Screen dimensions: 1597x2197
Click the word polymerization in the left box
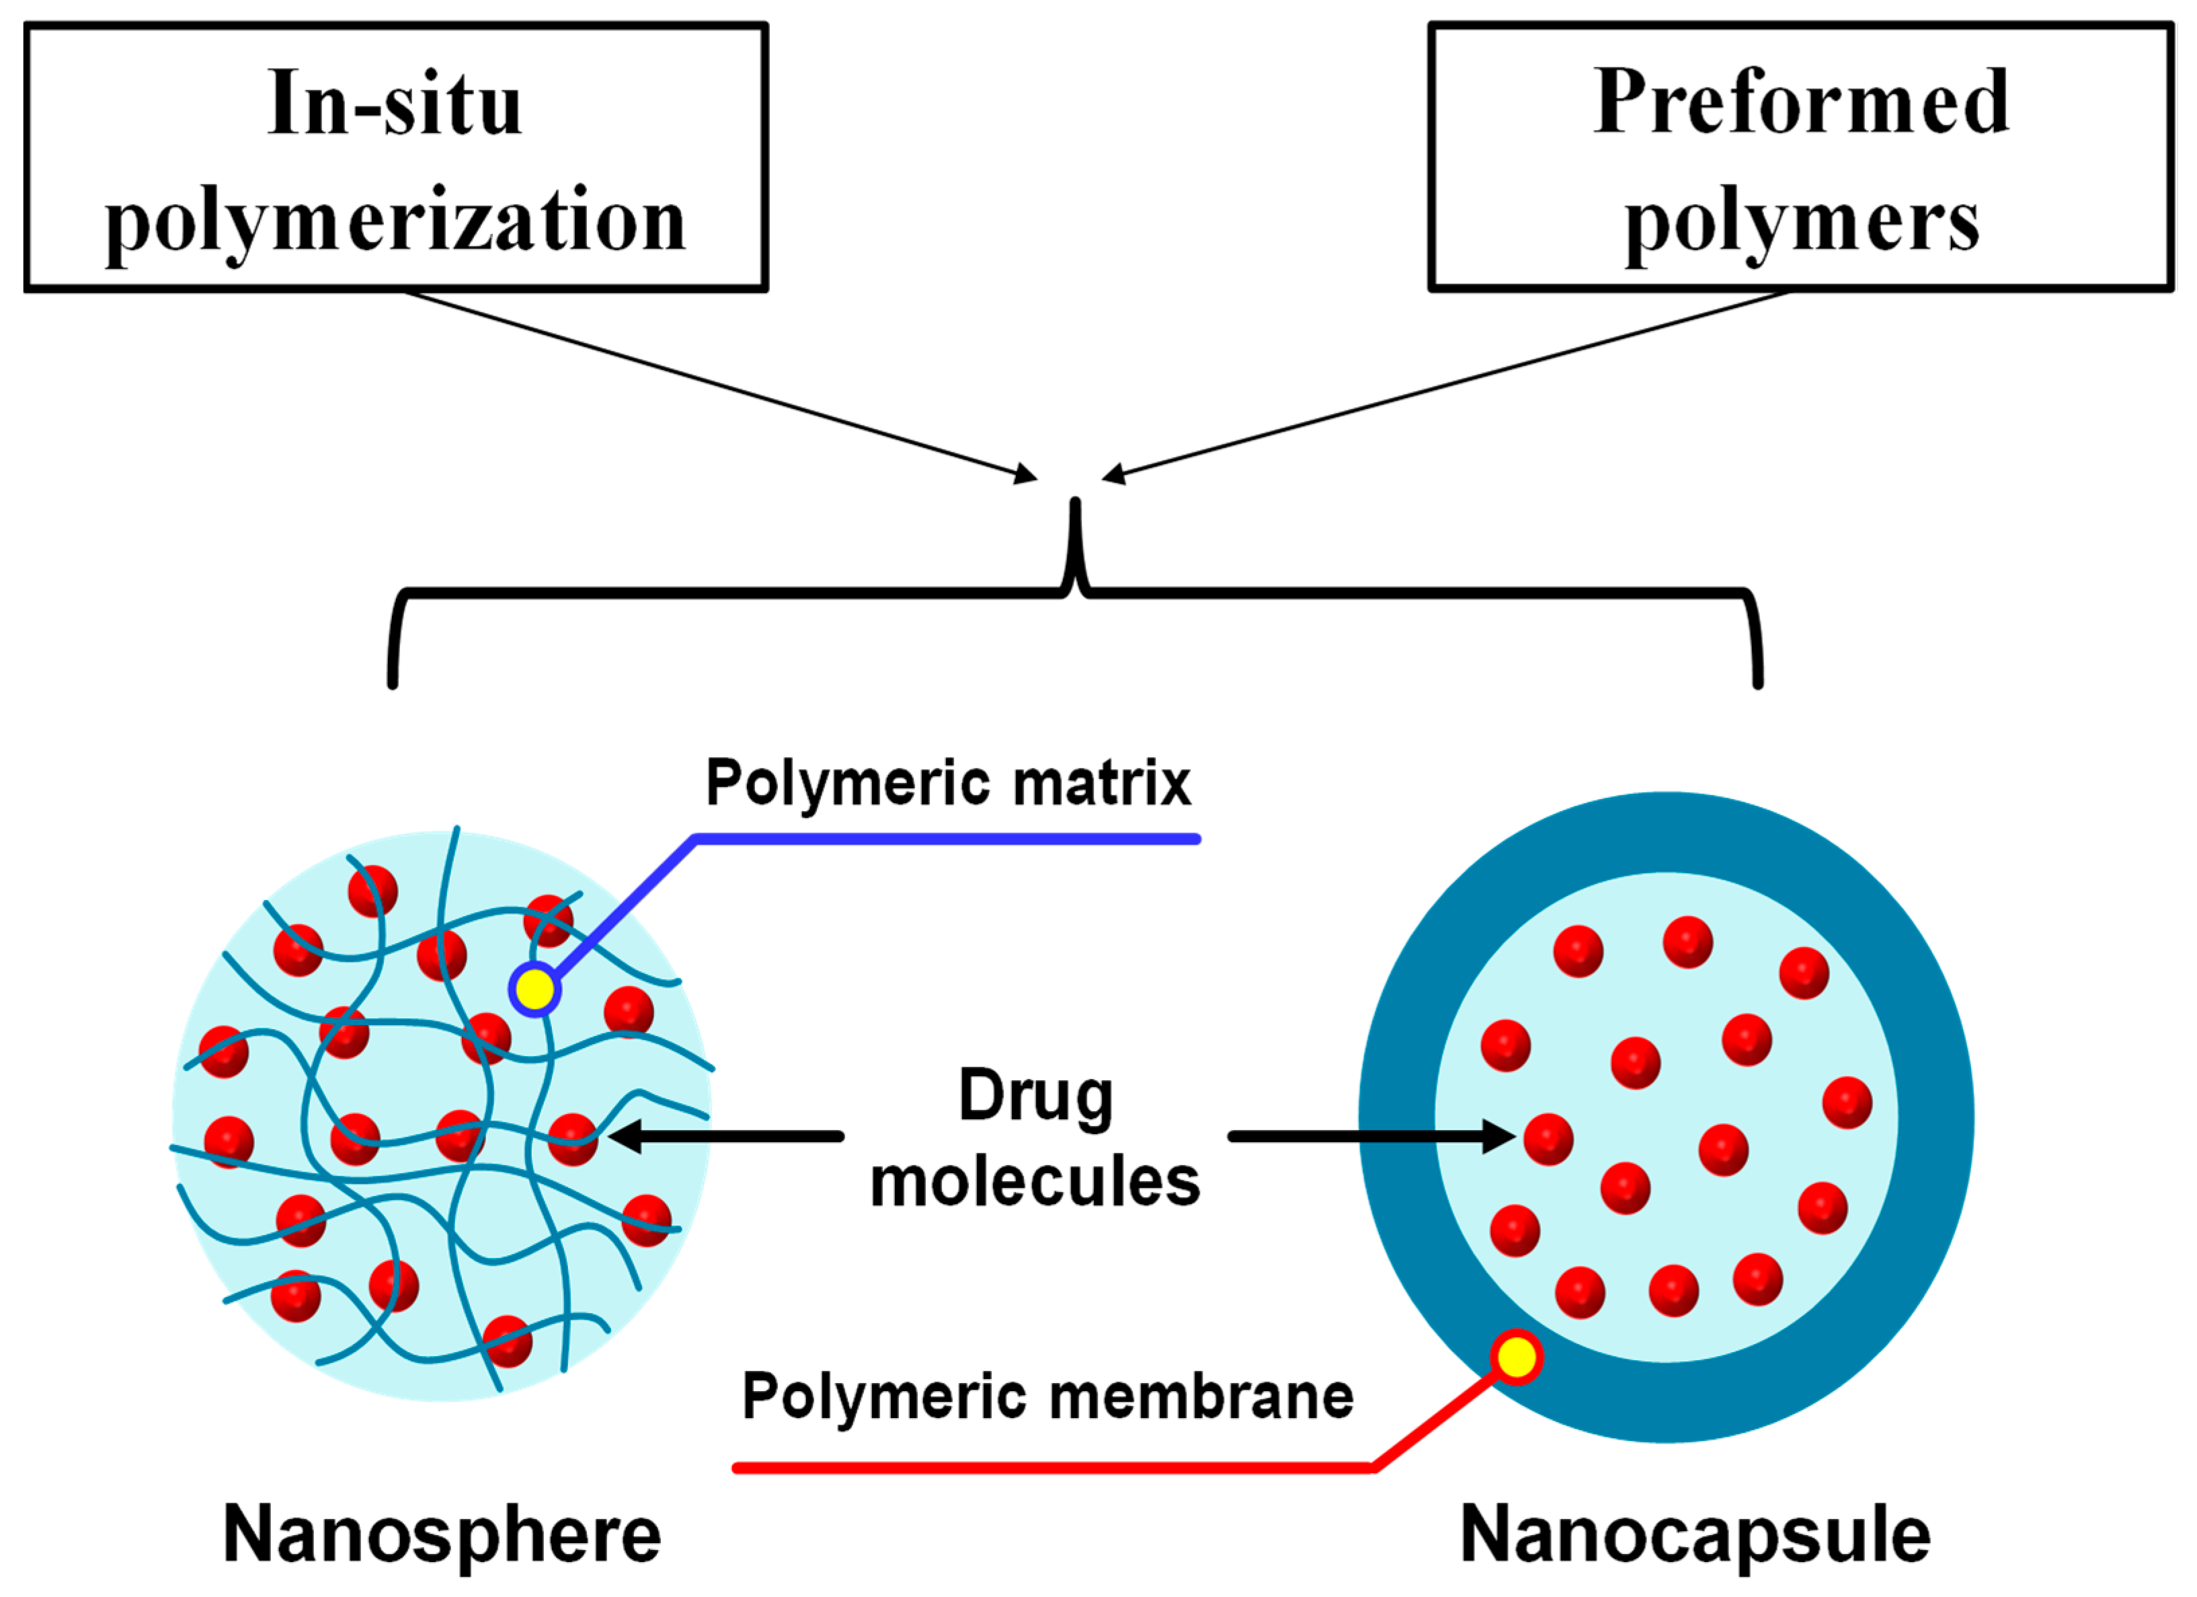395,221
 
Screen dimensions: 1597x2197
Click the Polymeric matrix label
947,783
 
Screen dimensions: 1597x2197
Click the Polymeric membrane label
1047,1397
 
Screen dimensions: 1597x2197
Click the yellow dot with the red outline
1516,1357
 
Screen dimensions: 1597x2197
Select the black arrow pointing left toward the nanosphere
727,1136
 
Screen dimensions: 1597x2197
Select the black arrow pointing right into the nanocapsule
1366,1136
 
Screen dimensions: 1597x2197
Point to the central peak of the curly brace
1075,513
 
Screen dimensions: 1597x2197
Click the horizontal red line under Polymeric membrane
1056,1468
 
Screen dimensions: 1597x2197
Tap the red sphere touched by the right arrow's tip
1548,1140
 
